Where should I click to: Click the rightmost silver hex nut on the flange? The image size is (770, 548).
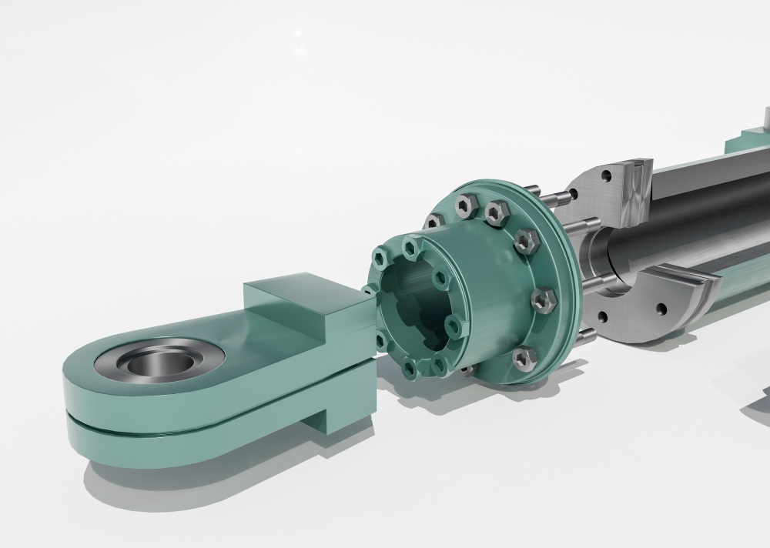(x=544, y=299)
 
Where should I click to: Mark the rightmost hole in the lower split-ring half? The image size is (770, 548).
(x=661, y=311)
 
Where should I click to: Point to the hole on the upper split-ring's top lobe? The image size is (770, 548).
(x=608, y=176)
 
